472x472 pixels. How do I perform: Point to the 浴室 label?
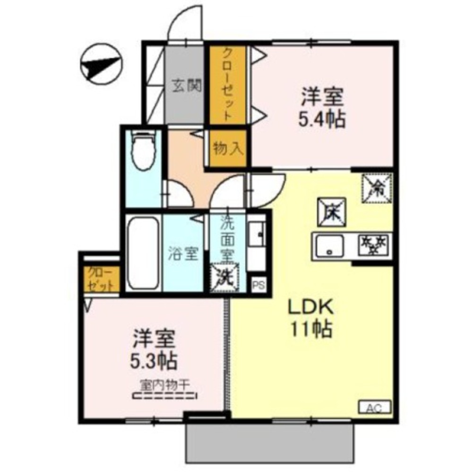tap(183, 254)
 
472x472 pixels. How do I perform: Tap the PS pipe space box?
tap(257, 285)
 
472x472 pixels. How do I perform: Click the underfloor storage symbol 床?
tap(331, 209)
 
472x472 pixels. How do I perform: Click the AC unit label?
tap(375, 407)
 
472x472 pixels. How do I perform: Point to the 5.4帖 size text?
tap(321, 119)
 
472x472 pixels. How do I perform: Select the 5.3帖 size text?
tap(154, 362)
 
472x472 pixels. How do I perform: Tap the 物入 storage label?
tap(228, 149)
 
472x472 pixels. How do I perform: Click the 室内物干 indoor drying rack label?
tap(164, 385)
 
